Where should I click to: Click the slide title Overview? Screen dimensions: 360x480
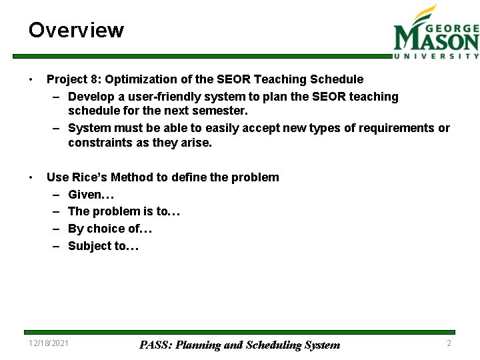pos(76,31)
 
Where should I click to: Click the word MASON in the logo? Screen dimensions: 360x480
pos(436,41)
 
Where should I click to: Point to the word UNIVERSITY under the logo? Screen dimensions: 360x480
pos(436,57)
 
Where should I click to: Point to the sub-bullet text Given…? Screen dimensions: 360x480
pos(91,195)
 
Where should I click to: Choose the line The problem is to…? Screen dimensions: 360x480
pos(124,212)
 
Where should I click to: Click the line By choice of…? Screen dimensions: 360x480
pos(110,229)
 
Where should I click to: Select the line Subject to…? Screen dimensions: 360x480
pos(103,246)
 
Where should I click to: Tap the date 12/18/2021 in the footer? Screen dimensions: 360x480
pos(48,343)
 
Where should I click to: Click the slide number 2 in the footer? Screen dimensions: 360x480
pos(449,343)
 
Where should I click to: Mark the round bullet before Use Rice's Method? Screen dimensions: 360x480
pos(31,177)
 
